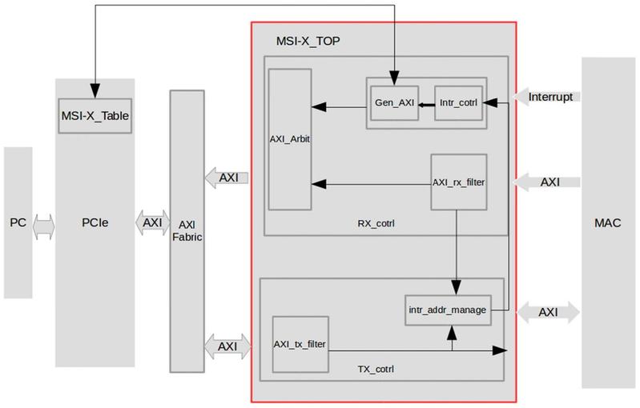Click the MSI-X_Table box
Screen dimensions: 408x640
tap(95, 116)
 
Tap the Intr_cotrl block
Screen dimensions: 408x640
tap(458, 103)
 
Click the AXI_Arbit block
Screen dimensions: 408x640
tap(290, 139)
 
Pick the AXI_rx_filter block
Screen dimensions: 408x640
tap(458, 182)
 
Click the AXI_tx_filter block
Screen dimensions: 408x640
tap(300, 345)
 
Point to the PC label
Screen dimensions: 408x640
tap(18, 222)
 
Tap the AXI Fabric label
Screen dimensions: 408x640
tap(187, 231)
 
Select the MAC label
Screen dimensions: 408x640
tap(607, 222)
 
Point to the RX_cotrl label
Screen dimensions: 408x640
tap(376, 223)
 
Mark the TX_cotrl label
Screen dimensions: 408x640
tap(375, 369)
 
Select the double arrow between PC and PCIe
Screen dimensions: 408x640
tap(44, 226)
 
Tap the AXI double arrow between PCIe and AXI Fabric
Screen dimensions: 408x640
tap(152, 222)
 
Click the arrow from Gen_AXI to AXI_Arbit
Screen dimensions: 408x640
tap(340, 104)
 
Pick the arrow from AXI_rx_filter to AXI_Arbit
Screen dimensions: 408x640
tap(372, 184)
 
